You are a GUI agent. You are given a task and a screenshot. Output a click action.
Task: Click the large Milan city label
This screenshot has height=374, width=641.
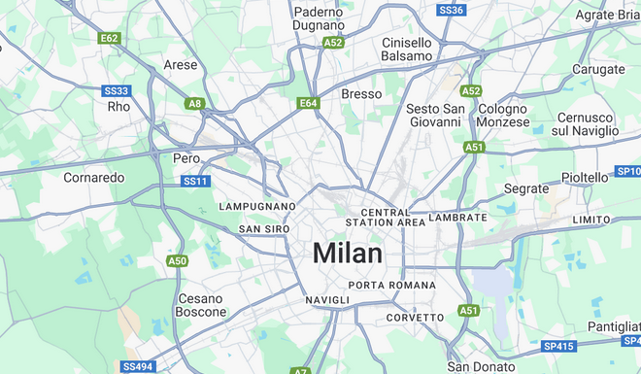tap(347, 253)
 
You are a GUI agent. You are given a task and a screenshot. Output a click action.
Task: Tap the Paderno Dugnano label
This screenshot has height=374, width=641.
tap(319, 18)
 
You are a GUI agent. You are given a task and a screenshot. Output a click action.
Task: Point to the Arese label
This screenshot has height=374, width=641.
tap(181, 65)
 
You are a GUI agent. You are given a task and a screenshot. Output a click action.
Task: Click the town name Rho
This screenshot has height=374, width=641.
tap(118, 106)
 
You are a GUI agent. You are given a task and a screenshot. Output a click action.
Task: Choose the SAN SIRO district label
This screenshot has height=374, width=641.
tap(264, 229)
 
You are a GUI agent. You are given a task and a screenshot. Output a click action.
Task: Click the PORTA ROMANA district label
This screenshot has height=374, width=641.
tap(387, 285)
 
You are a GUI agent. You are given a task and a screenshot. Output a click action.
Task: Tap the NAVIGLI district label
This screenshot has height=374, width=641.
tap(327, 301)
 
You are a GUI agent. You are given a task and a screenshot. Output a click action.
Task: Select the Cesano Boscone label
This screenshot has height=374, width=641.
tap(200, 305)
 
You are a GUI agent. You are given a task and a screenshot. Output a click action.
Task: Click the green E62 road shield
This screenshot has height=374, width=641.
tap(109, 38)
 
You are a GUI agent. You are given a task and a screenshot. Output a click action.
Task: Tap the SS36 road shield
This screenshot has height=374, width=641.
tap(452, 10)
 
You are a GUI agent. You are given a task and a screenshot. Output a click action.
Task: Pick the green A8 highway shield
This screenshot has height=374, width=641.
tap(195, 103)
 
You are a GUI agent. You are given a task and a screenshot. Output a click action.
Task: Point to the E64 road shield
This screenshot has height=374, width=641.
tap(308, 102)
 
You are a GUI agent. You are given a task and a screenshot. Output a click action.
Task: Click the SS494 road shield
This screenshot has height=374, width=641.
tap(137, 366)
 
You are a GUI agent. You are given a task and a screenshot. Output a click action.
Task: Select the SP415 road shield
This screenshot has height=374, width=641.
tap(558, 345)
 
